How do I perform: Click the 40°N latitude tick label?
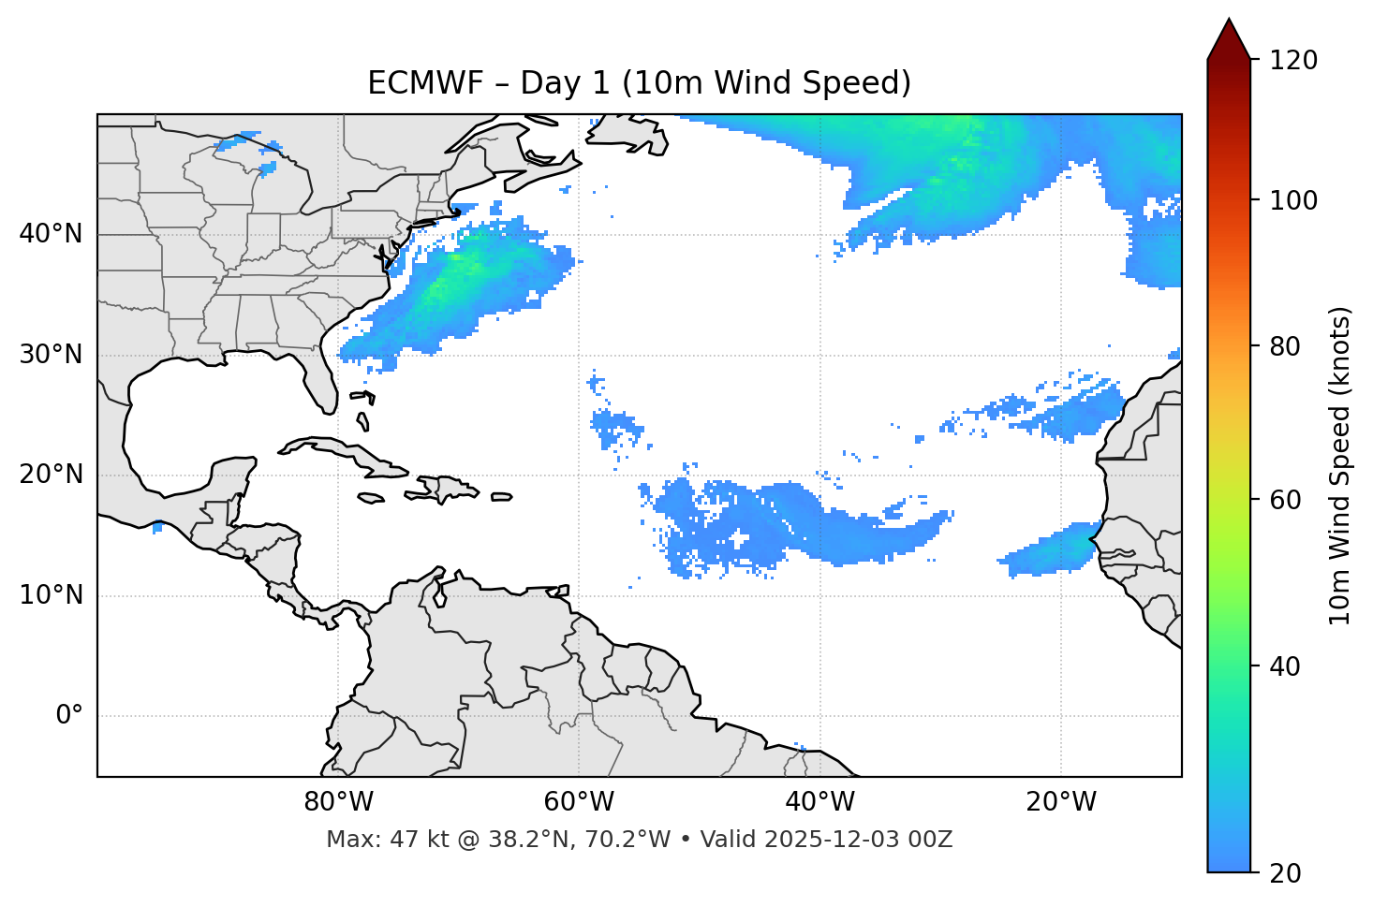(x=51, y=234)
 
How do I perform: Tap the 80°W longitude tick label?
(x=338, y=802)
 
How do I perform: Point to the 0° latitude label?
(x=68, y=716)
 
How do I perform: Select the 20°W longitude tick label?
(x=1061, y=802)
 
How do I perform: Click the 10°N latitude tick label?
(x=51, y=595)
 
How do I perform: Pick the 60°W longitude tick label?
(x=579, y=802)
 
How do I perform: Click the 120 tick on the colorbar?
(x=1293, y=61)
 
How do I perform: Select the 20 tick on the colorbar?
(x=1285, y=872)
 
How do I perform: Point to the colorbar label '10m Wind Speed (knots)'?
(x=1340, y=466)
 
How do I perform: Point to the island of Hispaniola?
(x=449, y=488)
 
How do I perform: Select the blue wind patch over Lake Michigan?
(x=267, y=168)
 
